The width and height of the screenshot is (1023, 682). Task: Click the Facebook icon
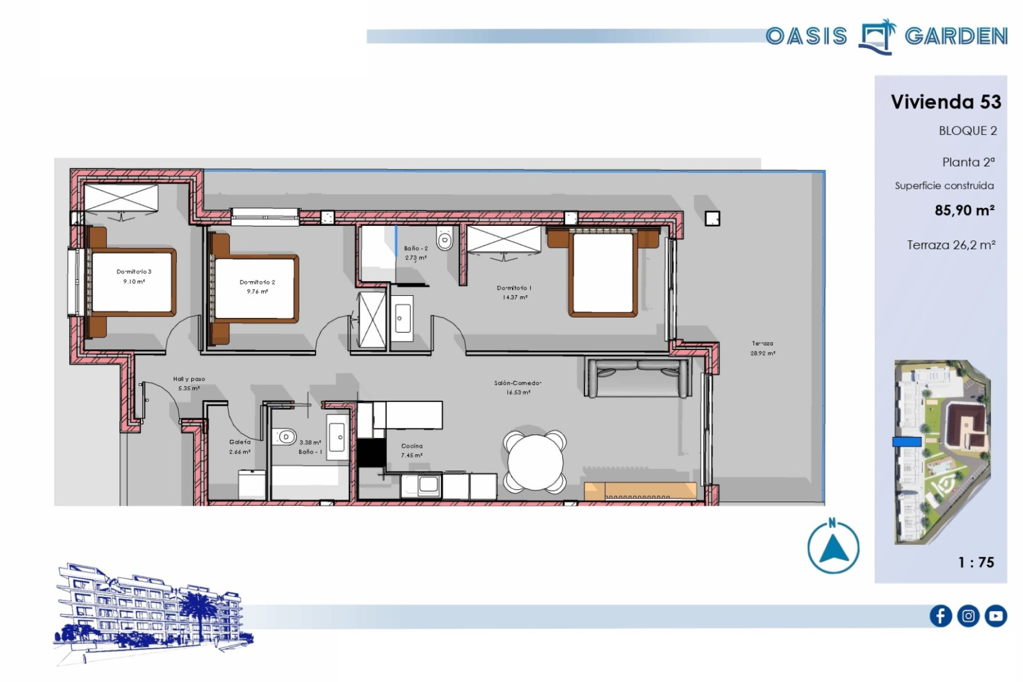click(940, 616)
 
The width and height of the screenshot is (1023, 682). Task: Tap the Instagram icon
click(968, 616)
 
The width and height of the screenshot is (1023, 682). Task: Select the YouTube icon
click(996, 616)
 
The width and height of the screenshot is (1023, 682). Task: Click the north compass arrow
click(833, 549)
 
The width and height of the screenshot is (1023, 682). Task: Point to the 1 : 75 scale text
click(976, 562)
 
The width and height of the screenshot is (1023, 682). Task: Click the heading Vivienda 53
click(946, 102)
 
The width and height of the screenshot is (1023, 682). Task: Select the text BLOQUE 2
click(968, 131)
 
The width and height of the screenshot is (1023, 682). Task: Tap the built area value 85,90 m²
click(964, 210)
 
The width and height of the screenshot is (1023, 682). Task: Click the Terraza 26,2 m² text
click(951, 245)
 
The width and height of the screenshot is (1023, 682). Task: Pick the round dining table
click(535, 461)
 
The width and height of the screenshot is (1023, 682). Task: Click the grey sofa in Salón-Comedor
click(637, 378)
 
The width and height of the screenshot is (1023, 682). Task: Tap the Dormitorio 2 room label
click(257, 282)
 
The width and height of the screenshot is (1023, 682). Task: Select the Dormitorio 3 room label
click(134, 272)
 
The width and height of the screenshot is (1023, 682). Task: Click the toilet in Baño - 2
click(444, 238)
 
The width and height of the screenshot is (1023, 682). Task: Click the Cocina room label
click(412, 446)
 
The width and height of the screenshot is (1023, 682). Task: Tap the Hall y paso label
click(189, 379)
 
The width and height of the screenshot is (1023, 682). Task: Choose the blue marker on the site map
click(907, 442)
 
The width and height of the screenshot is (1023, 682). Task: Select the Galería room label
click(240, 442)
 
